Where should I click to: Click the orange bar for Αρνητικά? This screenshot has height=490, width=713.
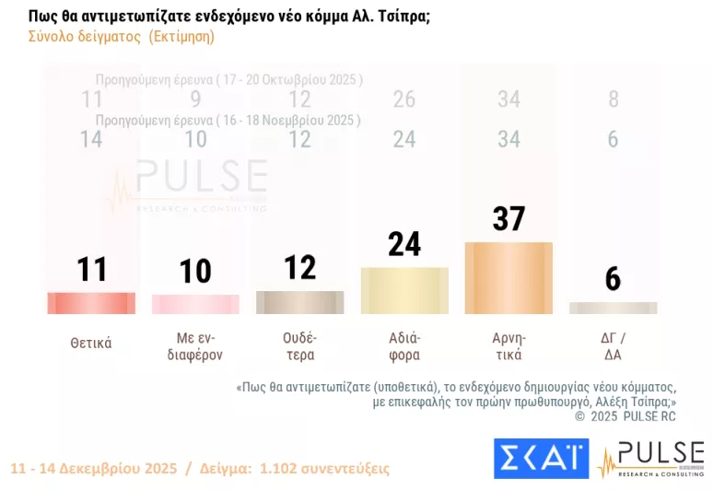pos(508,278)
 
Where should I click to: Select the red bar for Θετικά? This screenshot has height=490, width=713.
pos(91,303)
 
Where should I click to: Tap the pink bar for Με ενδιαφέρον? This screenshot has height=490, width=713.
pos(195,304)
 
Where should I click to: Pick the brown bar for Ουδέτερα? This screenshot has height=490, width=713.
pos(299,302)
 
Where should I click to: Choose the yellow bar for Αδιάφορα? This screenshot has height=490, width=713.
pos(404,291)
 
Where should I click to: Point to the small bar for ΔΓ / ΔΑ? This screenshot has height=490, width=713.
pos(613,308)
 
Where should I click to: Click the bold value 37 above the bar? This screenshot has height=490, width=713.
pos(508,218)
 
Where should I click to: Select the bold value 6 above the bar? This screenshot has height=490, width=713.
pos(613,278)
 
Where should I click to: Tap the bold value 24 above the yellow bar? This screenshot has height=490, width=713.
pos(404,244)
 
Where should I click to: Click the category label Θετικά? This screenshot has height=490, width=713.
pos(91,344)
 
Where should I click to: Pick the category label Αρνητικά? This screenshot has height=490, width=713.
pos(508,346)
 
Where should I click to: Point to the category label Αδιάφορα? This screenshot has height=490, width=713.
pos(404,346)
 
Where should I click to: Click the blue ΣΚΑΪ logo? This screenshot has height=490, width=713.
pos(541,458)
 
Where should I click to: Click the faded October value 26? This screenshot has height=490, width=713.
pos(404,99)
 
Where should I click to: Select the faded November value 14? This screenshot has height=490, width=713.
pos(91,139)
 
